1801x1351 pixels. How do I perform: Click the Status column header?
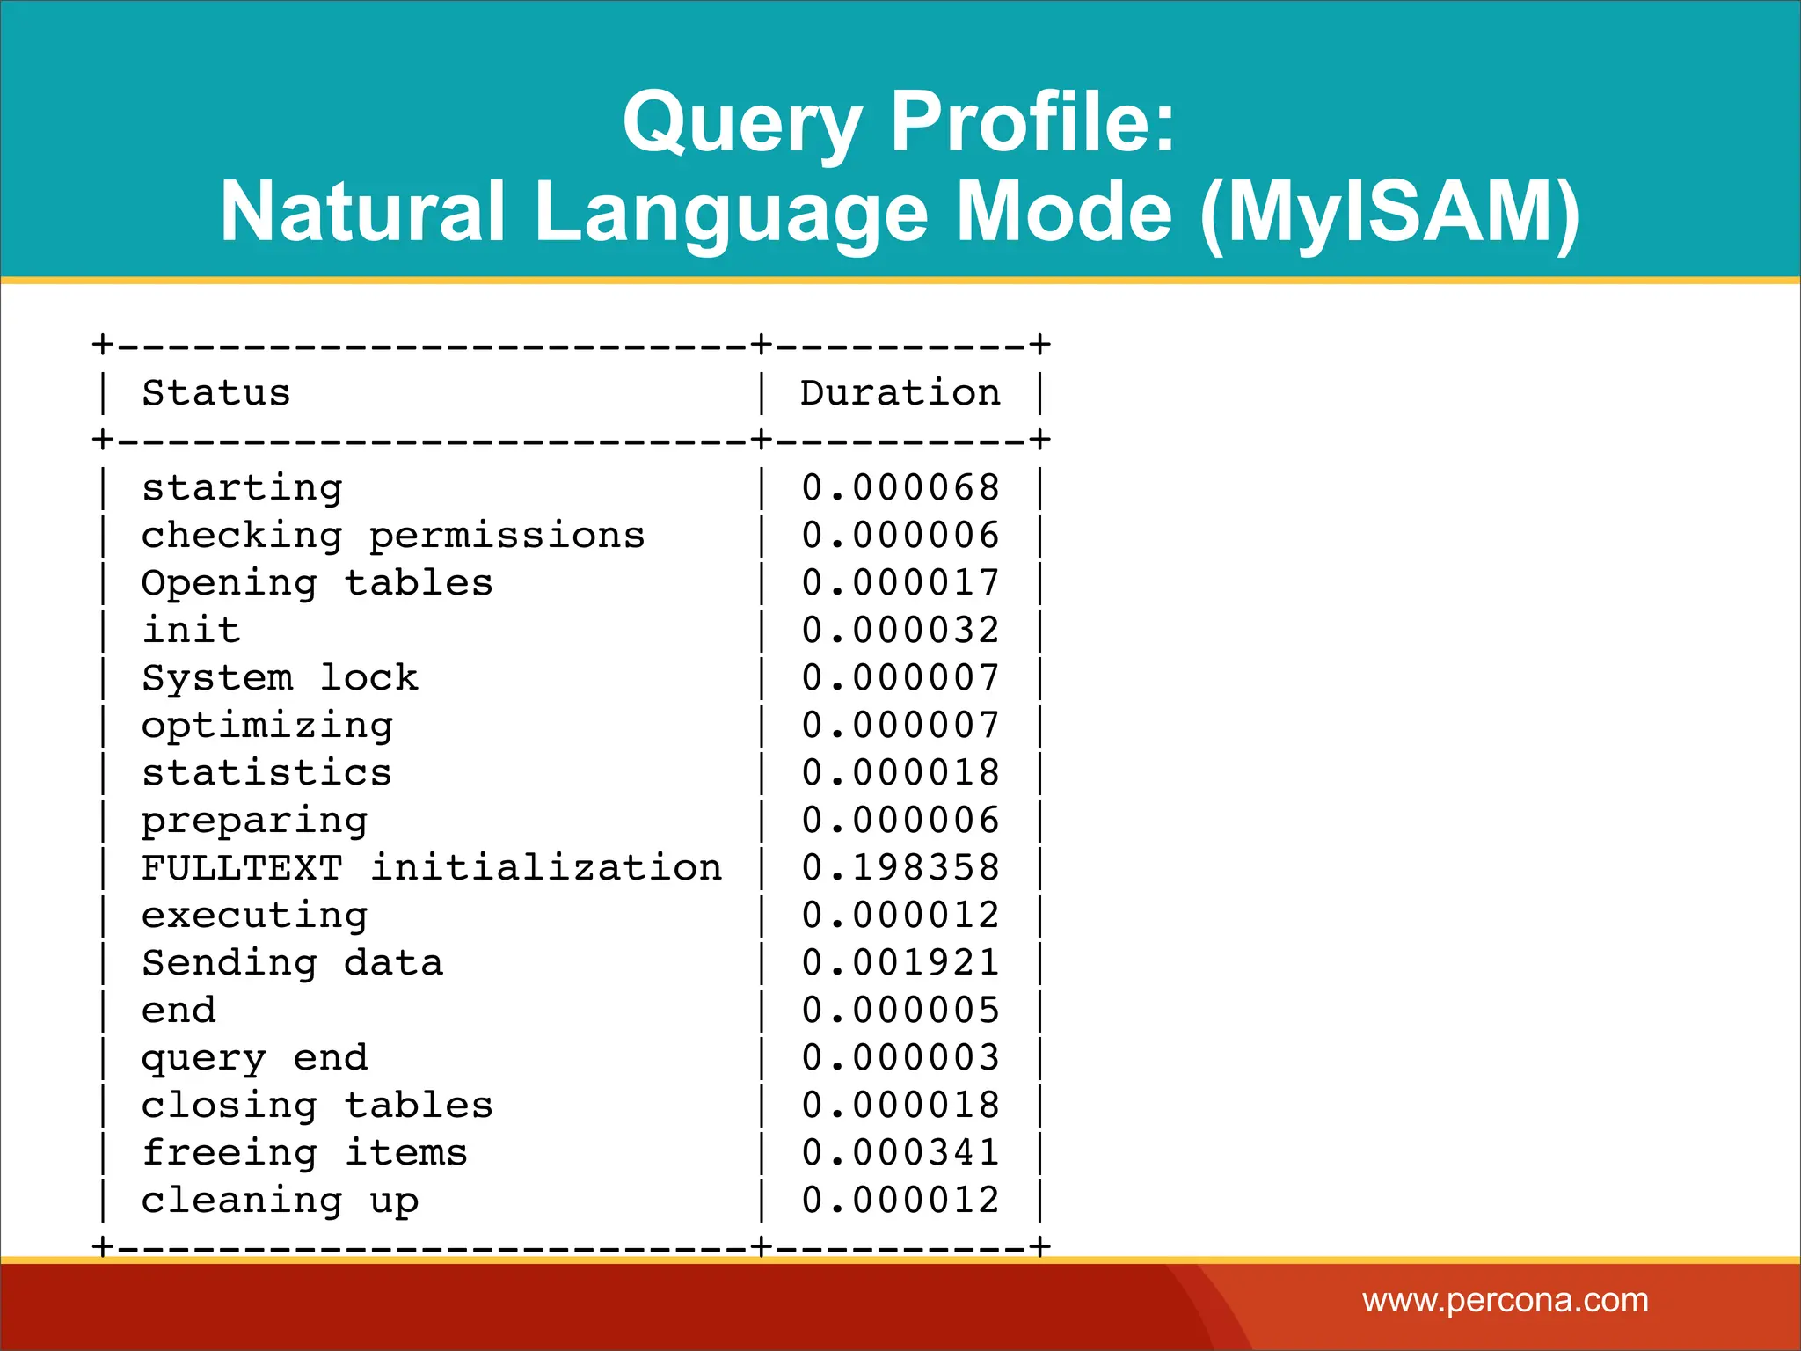(x=215, y=393)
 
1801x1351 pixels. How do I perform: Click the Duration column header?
(x=900, y=393)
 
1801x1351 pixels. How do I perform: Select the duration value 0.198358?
(x=900, y=868)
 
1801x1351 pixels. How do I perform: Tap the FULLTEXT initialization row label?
(x=431, y=868)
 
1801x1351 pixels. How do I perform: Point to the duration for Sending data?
(x=900, y=963)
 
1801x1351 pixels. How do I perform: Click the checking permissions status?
(x=392, y=536)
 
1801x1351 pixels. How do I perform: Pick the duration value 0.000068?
(x=900, y=488)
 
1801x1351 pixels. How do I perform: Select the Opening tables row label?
(x=317, y=583)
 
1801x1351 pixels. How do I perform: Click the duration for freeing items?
(x=900, y=1153)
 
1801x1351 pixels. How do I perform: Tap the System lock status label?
(x=280, y=678)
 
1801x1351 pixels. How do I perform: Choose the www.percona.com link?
(x=1505, y=1300)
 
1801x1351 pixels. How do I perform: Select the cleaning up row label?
(x=280, y=1201)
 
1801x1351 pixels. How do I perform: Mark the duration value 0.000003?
(x=900, y=1058)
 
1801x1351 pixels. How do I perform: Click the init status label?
(x=191, y=631)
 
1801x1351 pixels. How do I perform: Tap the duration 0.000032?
(x=900, y=631)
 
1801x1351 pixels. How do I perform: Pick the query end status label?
(x=254, y=1058)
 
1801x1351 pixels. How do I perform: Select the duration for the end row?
(x=900, y=1011)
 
